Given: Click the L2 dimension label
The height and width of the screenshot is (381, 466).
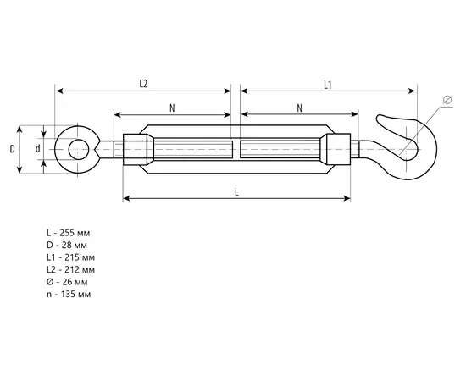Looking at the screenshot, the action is click(x=143, y=84).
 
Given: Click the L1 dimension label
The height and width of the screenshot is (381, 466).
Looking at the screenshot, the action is click(x=328, y=86).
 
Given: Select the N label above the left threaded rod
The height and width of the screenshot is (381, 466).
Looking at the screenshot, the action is click(x=172, y=108).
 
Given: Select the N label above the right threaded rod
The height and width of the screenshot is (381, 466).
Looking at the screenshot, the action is click(x=300, y=108).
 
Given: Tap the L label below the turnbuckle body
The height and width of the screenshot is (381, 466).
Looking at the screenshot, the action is click(x=237, y=192).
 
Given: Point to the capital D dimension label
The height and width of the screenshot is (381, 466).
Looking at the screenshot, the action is click(x=12, y=149).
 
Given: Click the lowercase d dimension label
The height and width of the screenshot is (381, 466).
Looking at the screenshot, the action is click(x=38, y=148).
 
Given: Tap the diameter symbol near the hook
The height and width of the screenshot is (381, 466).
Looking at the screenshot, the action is click(x=447, y=100).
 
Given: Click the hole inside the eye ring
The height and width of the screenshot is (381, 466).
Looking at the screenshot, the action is click(x=78, y=149).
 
